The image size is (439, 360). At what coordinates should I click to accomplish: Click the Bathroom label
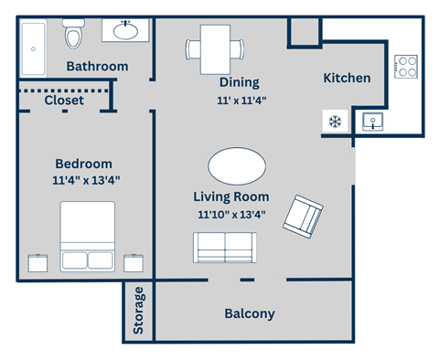click(98, 67)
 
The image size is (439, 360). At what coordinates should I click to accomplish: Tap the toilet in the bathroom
click(74, 36)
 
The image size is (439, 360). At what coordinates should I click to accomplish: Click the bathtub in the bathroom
click(34, 39)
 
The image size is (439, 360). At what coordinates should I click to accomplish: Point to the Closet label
click(63, 100)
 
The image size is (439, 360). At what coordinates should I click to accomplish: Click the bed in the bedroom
click(88, 236)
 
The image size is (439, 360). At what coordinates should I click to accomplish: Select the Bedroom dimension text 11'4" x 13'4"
click(87, 181)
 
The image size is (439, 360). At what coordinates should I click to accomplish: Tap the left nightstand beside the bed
click(37, 263)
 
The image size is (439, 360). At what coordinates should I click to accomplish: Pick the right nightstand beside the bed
click(136, 263)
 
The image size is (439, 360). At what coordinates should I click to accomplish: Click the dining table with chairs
click(215, 49)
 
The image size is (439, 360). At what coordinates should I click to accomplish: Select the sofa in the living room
click(225, 248)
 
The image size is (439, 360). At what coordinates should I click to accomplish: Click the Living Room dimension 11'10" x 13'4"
click(231, 215)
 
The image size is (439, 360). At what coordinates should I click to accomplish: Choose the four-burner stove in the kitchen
click(406, 67)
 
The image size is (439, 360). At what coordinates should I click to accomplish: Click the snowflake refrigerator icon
click(334, 121)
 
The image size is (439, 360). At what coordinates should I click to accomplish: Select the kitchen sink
click(374, 121)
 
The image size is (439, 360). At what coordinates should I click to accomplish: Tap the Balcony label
click(250, 313)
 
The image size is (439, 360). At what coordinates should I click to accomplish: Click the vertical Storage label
click(139, 311)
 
